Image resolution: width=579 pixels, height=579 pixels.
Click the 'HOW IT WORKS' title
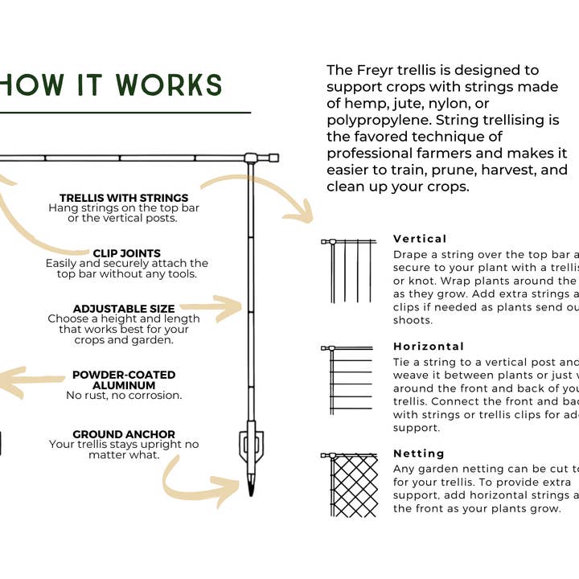coord(111,85)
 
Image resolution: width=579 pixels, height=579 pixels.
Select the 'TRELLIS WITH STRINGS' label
coord(124,198)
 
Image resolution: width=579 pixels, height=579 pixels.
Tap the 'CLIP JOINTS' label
coord(126,253)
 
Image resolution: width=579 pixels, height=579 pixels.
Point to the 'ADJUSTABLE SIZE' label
coord(124,309)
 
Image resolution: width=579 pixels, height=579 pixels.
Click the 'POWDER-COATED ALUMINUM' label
coord(124,380)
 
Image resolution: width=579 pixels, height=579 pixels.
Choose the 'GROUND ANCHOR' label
coord(124,434)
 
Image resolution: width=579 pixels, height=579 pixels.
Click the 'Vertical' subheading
coord(420,239)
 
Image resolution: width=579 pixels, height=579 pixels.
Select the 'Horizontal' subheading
coord(429,347)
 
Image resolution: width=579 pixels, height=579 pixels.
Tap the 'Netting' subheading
coord(420,454)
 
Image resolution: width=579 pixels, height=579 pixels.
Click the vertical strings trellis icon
coord(350,269)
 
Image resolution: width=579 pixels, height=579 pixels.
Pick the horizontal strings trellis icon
coord(350,380)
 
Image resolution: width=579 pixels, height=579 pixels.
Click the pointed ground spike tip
coord(251,487)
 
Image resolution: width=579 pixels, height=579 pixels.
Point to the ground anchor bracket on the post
coord(251,446)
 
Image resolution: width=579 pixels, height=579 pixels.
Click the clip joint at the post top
coord(251,158)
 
